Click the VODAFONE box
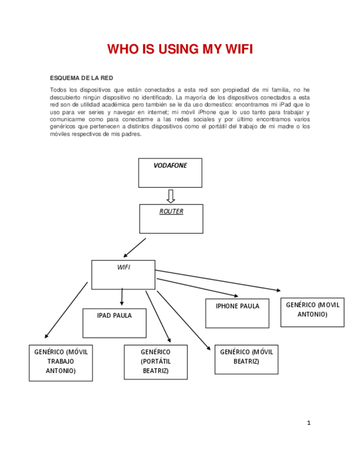[x=170, y=173]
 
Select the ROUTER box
[x=171, y=219]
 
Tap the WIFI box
[x=123, y=274]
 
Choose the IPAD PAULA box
[x=114, y=323]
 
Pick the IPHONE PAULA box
[x=237, y=313]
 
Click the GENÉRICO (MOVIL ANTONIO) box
[x=312, y=312]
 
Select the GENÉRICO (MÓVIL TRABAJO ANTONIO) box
[x=60, y=363]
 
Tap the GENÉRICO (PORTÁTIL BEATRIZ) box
[x=156, y=362]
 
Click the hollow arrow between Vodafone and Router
[x=170, y=196]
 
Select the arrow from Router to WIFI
[x=135, y=248]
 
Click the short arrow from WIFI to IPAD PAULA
[x=122, y=297]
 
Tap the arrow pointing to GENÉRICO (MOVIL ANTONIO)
[x=220, y=280]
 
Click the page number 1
[x=309, y=423]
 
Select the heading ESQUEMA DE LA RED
[x=81, y=78]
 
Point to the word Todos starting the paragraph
[x=58, y=89]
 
